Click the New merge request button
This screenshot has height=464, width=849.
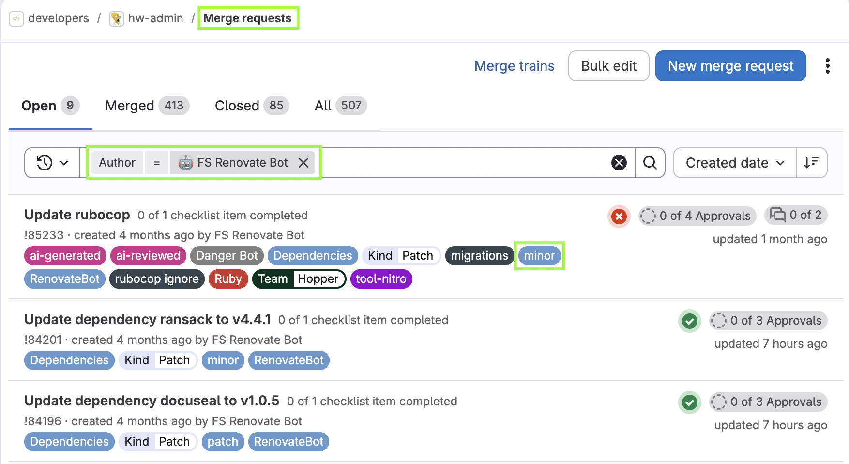pos(730,66)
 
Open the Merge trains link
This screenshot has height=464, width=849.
pos(514,66)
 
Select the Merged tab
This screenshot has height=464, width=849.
pos(147,106)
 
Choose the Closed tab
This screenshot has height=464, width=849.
pos(252,106)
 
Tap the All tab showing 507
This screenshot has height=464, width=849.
pos(341,106)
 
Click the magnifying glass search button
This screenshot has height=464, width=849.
pos(650,163)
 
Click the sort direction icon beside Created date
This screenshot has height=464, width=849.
pos(812,163)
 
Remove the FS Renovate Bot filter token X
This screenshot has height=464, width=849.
pos(303,163)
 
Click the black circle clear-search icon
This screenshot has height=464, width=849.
pos(619,163)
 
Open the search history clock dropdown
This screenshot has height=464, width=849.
pos(52,163)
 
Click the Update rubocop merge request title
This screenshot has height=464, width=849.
pos(77,215)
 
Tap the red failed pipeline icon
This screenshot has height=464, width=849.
pos(619,217)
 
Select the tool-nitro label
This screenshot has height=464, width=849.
pos(381,279)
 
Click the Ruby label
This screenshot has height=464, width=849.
pos(228,279)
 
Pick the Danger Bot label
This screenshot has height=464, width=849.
pos(227,256)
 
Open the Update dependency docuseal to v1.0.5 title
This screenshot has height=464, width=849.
pos(152,401)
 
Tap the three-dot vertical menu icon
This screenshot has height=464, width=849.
pos(828,66)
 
